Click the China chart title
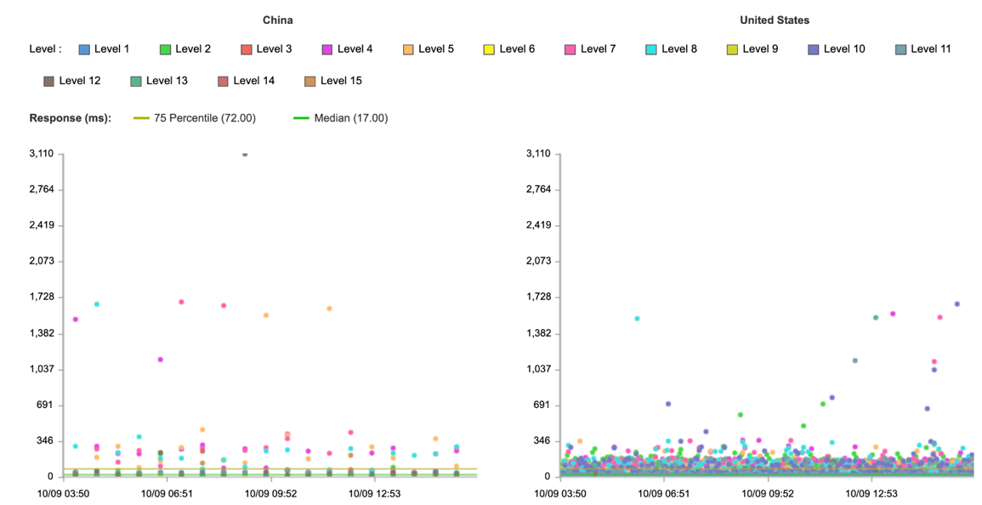(x=277, y=20)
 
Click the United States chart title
(x=774, y=20)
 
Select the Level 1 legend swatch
(x=84, y=49)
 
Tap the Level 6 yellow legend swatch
(x=489, y=49)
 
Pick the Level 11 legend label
(x=930, y=49)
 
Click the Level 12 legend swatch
(x=48, y=82)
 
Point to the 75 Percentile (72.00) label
(x=204, y=118)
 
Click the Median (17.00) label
(x=350, y=118)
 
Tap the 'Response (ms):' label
(x=70, y=118)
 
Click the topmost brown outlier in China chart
(x=245, y=155)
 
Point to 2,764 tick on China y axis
(x=40, y=190)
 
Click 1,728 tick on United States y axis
(x=537, y=298)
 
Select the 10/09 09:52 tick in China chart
(x=270, y=492)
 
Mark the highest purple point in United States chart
(x=956, y=304)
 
